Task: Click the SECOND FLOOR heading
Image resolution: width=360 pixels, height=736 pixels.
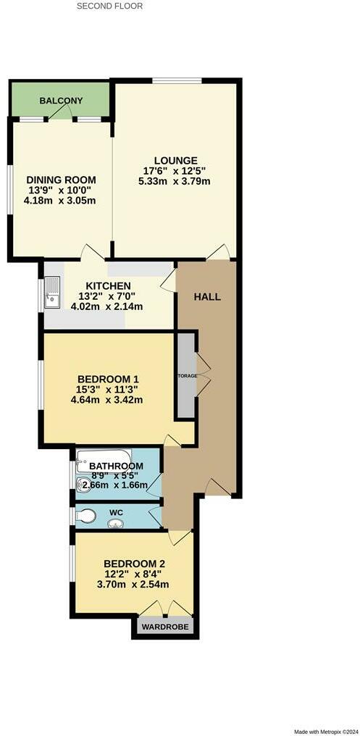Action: click(x=109, y=6)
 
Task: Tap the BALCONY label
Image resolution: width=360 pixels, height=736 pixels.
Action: click(x=61, y=101)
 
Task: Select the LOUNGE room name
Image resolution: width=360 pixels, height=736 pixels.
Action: click(x=175, y=161)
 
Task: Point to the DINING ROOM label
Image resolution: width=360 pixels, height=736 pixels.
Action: click(x=61, y=180)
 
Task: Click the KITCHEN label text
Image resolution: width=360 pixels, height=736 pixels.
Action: click(x=108, y=286)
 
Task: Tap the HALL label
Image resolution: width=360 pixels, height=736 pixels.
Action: click(x=207, y=297)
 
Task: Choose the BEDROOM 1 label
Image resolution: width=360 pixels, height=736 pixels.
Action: click(x=108, y=379)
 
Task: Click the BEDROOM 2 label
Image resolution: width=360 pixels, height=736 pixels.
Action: click(x=135, y=564)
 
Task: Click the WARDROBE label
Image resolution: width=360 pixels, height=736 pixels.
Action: click(x=163, y=627)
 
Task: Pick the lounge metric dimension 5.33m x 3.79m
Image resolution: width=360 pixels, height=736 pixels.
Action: click(x=175, y=182)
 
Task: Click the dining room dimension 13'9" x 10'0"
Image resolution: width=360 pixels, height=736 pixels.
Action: click(x=61, y=191)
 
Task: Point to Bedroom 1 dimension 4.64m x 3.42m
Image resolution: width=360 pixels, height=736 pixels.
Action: click(x=108, y=400)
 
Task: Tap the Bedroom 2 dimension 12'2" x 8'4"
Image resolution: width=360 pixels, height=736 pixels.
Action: click(x=135, y=574)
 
